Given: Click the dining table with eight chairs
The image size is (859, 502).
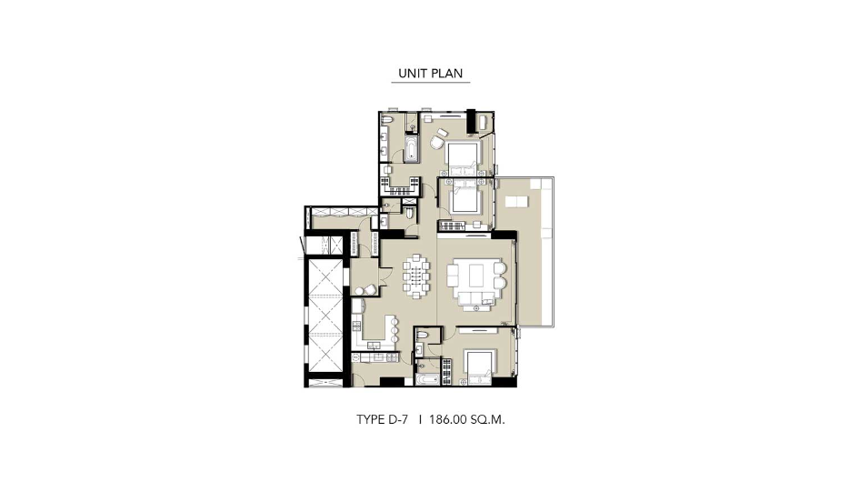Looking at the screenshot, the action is click(x=417, y=276).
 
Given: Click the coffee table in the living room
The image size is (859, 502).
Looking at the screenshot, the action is click(x=475, y=275).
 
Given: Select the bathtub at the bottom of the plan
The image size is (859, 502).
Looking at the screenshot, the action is click(x=427, y=379).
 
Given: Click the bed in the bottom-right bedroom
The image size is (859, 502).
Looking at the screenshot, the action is click(x=480, y=365).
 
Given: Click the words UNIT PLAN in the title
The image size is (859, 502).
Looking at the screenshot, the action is click(x=431, y=74).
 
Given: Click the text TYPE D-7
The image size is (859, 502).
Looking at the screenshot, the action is click(x=383, y=420).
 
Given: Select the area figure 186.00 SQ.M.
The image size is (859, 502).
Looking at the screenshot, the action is click(x=467, y=420).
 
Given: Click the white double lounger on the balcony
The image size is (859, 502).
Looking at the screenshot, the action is click(x=516, y=202).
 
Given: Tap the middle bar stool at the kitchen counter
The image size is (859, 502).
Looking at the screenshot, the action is click(x=395, y=330).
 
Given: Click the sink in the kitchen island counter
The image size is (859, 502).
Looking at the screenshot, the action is click(x=375, y=345).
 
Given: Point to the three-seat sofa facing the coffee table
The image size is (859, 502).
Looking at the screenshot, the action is click(x=475, y=299).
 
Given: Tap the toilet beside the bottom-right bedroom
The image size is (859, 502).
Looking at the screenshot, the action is click(x=423, y=335).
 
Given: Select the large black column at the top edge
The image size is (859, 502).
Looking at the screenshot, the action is click(x=471, y=121).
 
